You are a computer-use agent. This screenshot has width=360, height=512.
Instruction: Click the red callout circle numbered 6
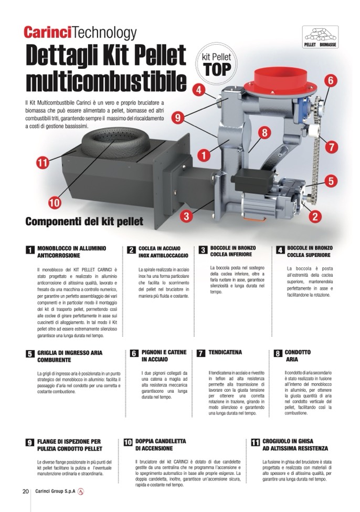pyautogui.click(x=330, y=80)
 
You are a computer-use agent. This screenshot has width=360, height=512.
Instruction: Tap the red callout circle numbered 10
pyautogui.click(x=55, y=203)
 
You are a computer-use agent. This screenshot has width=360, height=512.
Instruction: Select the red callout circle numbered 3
pyautogui.click(x=186, y=216)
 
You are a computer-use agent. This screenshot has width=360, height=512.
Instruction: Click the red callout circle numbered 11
pyautogui.click(x=43, y=162)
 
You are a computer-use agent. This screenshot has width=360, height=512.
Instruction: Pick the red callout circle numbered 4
pyautogui.click(x=199, y=90)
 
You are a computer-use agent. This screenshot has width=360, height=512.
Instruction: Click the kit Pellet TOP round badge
pyautogui.click(x=216, y=64)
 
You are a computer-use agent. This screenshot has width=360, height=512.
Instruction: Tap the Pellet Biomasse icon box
pyautogui.click(x=320, y=37)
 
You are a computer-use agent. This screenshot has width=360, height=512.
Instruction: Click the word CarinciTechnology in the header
pyautogui.click(x=80, y=33)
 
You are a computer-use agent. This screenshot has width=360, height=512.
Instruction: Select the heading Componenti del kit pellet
pyautogui.click(x=84, y=222)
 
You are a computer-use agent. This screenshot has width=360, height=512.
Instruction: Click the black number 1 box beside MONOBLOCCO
pyautogui.click(x=30, y=250)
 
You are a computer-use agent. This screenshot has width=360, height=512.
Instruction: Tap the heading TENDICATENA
pyautogui.click(x=225, y=352)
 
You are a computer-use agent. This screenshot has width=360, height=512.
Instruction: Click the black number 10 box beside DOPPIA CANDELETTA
pyautogui.click(x=128, y=442)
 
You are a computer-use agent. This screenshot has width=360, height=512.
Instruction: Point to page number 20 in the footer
pyautogui.click(x=26, y=491)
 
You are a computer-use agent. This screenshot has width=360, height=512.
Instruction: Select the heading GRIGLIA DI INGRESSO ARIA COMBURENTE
pyautogui.click(x=70, y=356)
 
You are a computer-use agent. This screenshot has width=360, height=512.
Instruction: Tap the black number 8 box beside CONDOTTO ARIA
pyautogui.click(x=278, y=353)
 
